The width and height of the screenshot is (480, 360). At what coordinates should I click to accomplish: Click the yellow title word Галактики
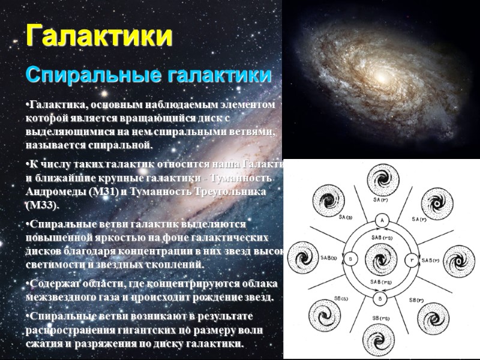point(99,36)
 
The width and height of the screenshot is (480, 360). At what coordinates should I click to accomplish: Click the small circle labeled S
point(352,259)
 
